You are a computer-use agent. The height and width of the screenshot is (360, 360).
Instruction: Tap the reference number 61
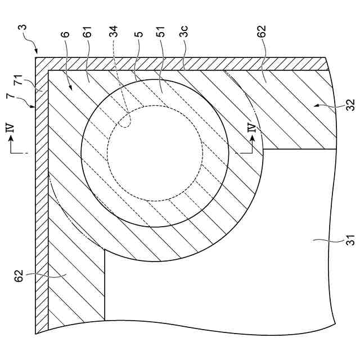point(87,35)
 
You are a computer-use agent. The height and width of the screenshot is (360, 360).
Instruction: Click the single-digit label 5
point(138,34)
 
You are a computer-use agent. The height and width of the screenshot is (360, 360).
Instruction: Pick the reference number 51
point(161,35)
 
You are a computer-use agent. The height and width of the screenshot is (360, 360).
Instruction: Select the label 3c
point(184,35)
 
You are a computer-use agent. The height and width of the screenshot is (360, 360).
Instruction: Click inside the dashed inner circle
point(155,152)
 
